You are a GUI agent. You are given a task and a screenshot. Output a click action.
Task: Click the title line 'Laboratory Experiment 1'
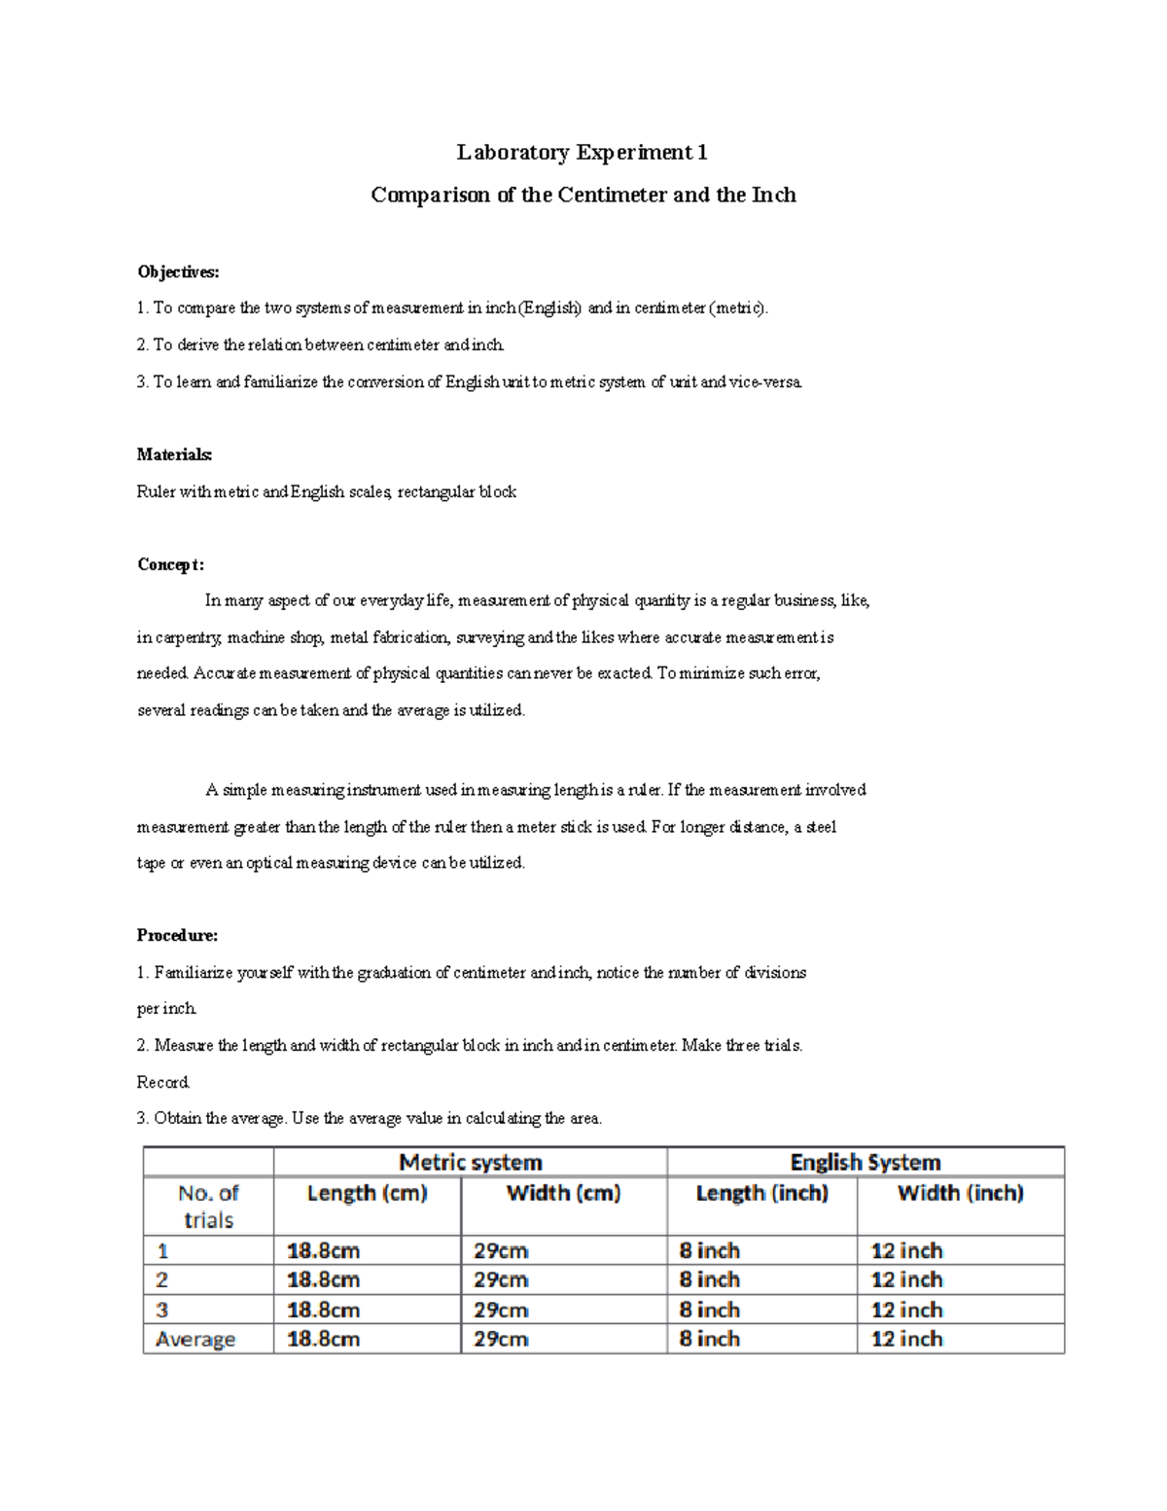583,152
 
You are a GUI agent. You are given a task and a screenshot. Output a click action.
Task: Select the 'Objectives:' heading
178,271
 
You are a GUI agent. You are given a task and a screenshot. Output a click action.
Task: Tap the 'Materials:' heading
174,454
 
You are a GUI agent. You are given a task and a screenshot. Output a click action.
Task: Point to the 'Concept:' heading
170,564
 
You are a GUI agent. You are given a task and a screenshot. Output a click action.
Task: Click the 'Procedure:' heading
177,935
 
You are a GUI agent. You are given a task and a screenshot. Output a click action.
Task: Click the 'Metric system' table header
471,1162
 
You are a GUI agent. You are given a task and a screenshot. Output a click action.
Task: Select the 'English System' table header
865,1162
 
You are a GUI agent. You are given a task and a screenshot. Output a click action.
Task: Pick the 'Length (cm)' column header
367,1193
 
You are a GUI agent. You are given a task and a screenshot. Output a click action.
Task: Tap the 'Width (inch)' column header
960,1193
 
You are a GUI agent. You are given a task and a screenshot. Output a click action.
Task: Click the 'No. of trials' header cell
208,1206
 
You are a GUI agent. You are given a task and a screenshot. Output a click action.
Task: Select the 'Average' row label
195,1339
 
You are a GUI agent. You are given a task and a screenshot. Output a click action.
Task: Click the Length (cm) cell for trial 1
324,1250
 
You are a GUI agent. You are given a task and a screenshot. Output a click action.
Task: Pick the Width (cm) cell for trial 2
501,1279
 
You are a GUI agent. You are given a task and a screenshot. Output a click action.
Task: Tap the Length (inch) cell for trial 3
709,1310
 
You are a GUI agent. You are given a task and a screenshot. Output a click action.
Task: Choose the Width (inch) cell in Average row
906,1339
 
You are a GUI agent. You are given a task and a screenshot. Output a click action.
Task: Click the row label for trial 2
162,1279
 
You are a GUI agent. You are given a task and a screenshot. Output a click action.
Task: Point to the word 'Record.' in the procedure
163,1082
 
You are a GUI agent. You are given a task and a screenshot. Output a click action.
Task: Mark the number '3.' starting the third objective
143,382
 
